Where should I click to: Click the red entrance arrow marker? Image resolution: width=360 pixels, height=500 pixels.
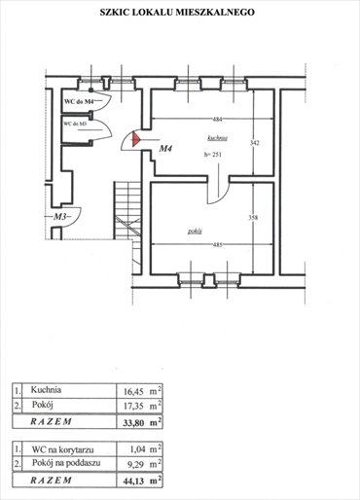pyautogui.click(x=134, y=141)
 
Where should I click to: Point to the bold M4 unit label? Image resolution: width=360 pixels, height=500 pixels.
pyautogui.click(x=165, y=150)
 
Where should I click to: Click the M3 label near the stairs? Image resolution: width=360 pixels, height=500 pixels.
pyautogui.click(x=63, y=217)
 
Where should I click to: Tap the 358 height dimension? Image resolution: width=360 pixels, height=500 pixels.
pyautogui.click(x=253, y=218)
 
